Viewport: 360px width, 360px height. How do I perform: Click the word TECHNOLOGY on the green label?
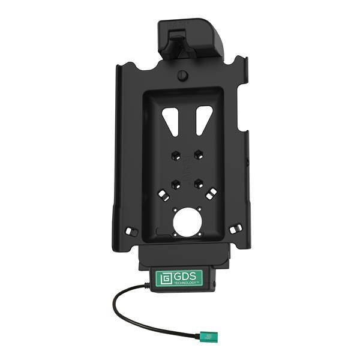coord(186,282)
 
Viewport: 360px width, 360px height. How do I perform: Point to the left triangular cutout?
coord(172,121)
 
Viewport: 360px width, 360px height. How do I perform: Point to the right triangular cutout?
coord(205,120)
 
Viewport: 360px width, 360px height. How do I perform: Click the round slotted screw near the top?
coord(182,76)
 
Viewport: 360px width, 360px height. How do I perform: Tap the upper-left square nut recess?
coord(175,155)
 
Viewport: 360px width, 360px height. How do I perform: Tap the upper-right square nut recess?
coord(199,155)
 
